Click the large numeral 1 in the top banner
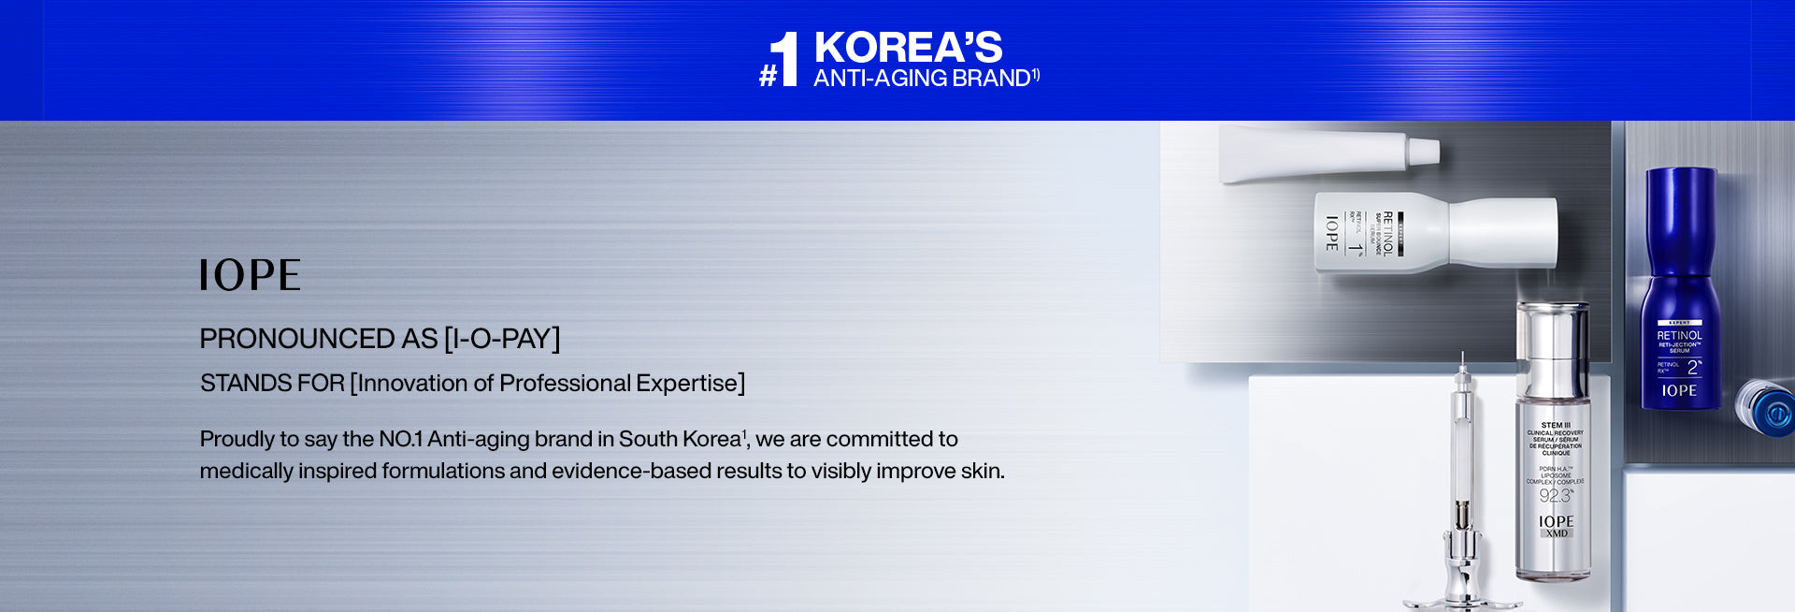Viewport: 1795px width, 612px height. [785, 59]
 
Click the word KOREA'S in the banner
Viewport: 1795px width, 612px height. [908, 48]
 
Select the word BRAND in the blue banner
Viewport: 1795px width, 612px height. [991, 79]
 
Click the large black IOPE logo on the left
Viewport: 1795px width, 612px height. [250, 275]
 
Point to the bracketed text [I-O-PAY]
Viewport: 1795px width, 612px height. [502, 339]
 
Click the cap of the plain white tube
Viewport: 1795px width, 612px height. [1424, 151]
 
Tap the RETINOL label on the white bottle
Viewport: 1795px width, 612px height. [1388, 233]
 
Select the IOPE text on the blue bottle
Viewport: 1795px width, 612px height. [1679, 391]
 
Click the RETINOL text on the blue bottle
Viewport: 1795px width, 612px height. [1679, 336]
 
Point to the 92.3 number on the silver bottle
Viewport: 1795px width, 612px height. [1556, 496]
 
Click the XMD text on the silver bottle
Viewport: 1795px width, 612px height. [1557, 533]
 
